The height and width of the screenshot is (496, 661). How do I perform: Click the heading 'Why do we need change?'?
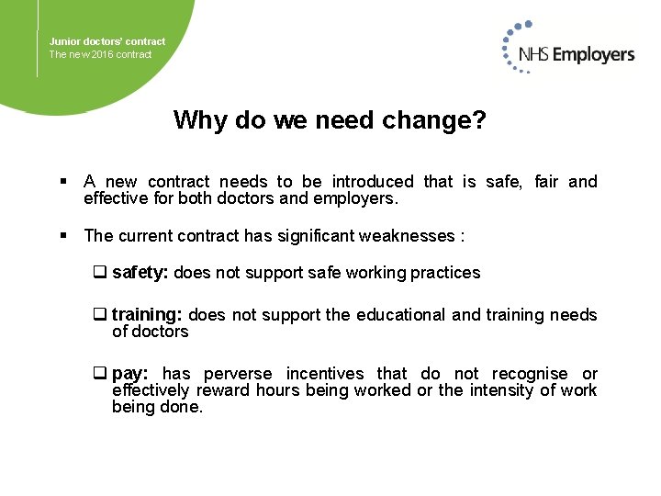tap(330, 120)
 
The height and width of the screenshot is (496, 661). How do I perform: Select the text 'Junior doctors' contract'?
tap(107, 41)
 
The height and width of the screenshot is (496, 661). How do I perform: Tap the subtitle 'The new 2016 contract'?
tap(100, 54)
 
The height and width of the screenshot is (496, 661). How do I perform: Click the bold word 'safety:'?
tap(140, 272)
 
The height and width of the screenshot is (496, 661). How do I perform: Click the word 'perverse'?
tap(237, 374)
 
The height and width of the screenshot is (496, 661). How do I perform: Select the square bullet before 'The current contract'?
tap(65, 236)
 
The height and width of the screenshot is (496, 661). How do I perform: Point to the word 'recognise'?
tap(530, 374)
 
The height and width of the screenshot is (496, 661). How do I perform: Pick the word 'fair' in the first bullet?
tap(546, 182)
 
